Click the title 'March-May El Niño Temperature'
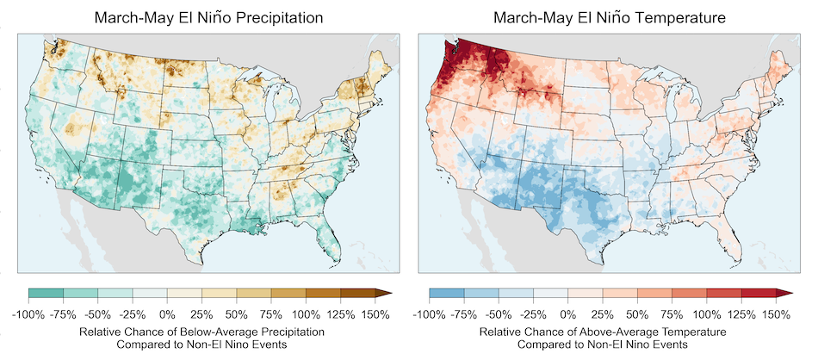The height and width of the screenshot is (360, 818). click(604, 16)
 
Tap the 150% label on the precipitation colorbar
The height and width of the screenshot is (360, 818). click(376, 314)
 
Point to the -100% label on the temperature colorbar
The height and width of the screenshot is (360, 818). click(431, 314)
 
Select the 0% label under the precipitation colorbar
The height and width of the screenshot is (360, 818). click(168, 314)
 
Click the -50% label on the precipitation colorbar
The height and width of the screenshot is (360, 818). click(98, 314)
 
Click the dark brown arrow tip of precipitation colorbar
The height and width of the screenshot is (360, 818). click(384, 295)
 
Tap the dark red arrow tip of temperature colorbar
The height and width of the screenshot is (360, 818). click(784, 295)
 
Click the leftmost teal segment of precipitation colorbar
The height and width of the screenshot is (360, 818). click(46, 295)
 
